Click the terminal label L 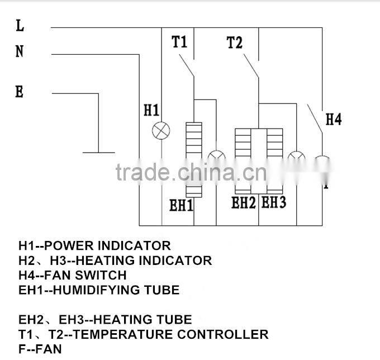(20, 25)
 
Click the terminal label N (20, 51)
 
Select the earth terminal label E (20, 92)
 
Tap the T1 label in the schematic (179, 42)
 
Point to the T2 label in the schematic (235, 42)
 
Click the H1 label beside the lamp (151, 110)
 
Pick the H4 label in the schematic (333, 119)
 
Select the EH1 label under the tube (182, 205)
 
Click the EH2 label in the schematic (244, 202)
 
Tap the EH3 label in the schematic (274, 202)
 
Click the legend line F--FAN (40, 349)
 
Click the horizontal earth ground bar (98, 151)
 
